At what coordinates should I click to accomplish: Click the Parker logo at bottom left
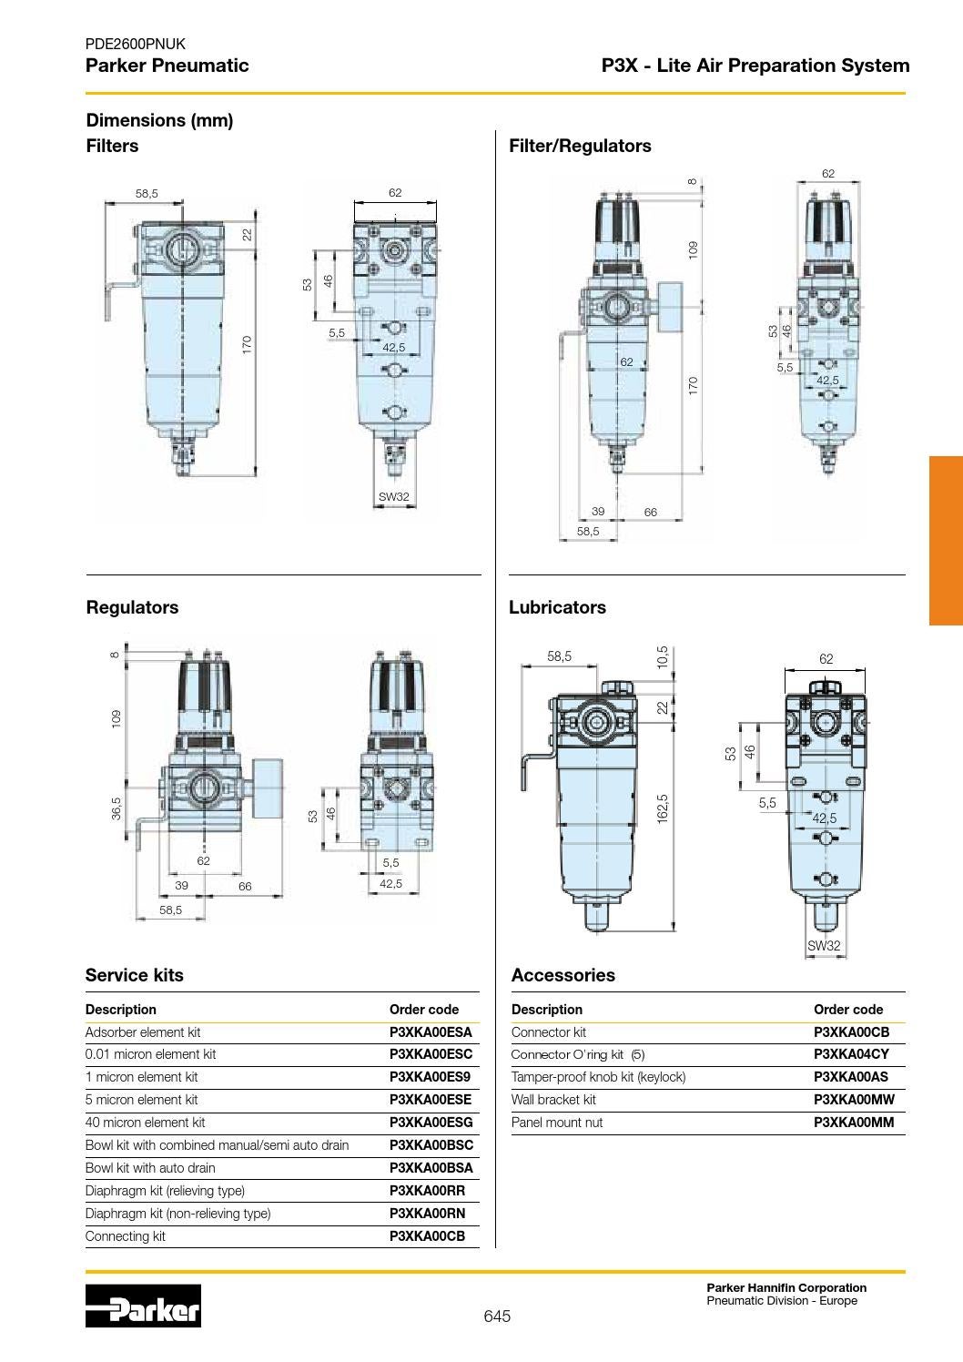tap(143, 1306)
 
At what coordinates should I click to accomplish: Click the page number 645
tap(497, 1316)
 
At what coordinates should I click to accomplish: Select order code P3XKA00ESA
tap(431, 1032)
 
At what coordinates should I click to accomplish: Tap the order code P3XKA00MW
tap(854, 1100)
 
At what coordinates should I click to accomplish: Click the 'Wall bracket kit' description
tap(553, 1100)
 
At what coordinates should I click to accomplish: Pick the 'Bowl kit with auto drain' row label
tap(150, 1168)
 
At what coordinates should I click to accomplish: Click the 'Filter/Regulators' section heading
tap(580, 146)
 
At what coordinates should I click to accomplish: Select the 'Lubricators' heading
tap(557, 607)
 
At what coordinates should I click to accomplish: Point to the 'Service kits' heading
tap(134, 975)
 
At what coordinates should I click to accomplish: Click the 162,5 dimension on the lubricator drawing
tap(663, 808)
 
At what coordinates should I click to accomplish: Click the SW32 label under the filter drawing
tap(394, 497)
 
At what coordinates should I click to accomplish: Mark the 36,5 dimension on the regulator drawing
tap(116, 808)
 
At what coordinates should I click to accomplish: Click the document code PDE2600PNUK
tap(135, 44)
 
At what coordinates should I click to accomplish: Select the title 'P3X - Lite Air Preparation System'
tap(755, 66)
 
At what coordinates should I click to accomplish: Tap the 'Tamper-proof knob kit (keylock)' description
tap(598, 1077)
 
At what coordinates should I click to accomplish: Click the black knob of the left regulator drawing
tap(206, 692)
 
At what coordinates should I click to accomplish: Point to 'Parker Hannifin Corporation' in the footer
tap(786, 1287)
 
